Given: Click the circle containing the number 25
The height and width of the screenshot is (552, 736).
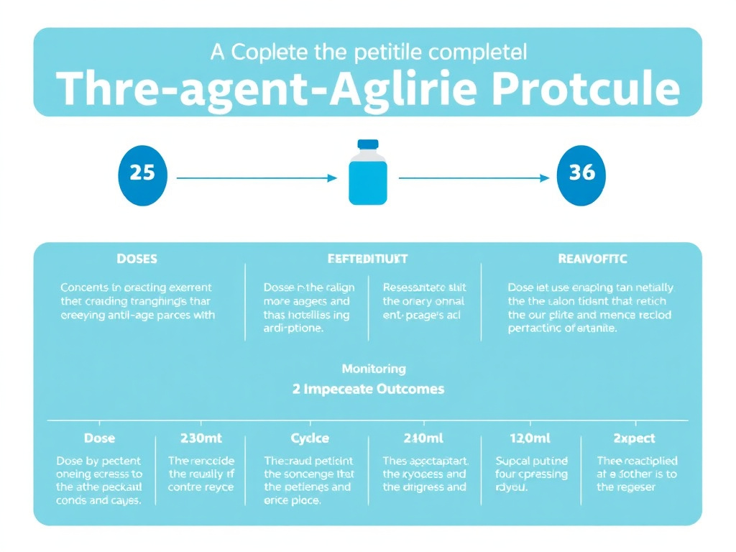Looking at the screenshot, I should [x=142, y=174].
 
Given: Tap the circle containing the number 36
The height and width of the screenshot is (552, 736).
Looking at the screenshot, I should [x=581, y=174].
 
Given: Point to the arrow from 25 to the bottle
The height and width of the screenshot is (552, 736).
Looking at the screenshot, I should [x=256, y=178].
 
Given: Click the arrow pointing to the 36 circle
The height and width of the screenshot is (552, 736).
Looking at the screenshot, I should [x=474, y=178].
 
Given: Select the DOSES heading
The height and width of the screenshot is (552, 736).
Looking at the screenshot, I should [x=136, y=258].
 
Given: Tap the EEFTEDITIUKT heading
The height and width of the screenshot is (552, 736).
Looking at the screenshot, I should [x=367, y=258].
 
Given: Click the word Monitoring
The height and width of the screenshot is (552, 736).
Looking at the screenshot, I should [x=373, y=369].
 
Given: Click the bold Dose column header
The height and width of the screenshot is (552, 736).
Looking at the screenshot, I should [x=99, y=438].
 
